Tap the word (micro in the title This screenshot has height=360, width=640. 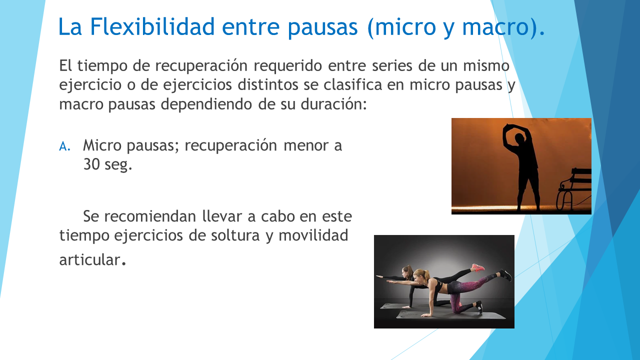[x=401, y=27]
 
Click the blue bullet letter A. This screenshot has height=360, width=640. [x=64, y=146]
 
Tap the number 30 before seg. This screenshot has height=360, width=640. [x=91, y=164]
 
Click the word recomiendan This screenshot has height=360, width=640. [x=150, y=216]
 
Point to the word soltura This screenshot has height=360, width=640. [x=235, y=235]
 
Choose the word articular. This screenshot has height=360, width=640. [x=92, y=260]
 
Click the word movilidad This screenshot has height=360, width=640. [x=313, y=235]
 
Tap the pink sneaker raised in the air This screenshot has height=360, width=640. [x=478, y=267]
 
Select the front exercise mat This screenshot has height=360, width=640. [x=451, y=315]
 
